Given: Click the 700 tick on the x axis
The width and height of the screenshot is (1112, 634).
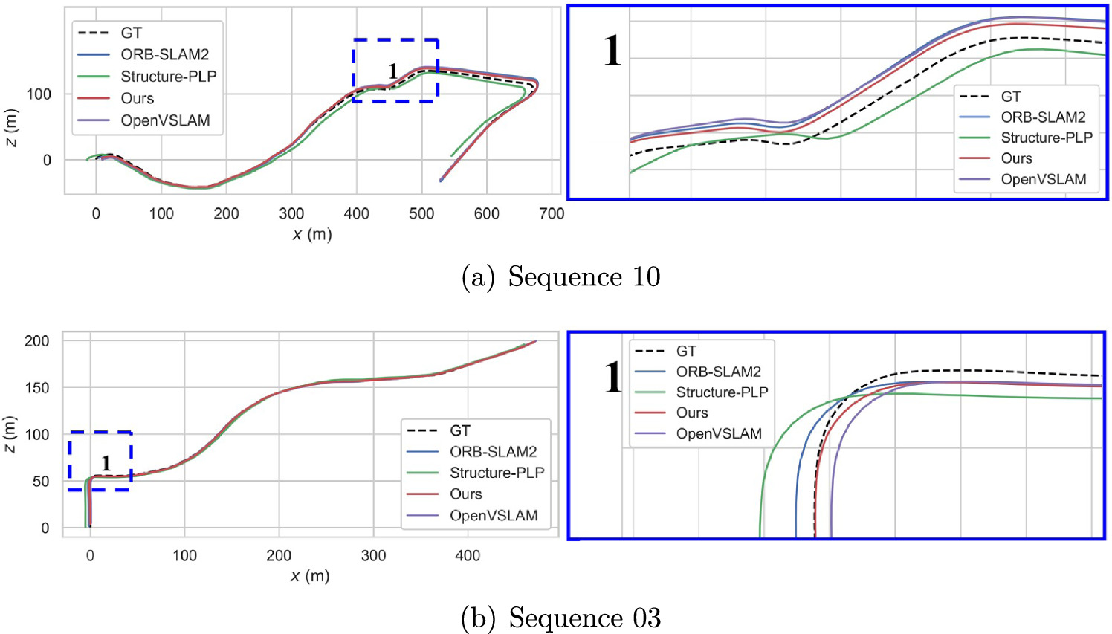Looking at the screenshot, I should [x=552, y=214].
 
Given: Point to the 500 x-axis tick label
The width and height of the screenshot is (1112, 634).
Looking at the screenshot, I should [x=421, y=214].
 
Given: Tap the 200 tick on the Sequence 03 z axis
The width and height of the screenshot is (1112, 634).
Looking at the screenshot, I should [x=36, y=341].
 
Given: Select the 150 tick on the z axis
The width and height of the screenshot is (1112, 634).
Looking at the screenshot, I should [x=36, y=388].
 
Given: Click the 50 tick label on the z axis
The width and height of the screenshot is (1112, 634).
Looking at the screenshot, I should [x=41, y=482].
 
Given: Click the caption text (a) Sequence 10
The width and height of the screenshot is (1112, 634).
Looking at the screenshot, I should [x=560, y=277].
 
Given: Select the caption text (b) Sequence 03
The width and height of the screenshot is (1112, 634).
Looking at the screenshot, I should [x=560, y=618].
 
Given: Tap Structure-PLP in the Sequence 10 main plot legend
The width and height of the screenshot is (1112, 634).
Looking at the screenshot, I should [x=169, y=77].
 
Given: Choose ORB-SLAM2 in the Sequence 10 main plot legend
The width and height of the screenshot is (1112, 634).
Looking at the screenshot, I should [x=165, y=55].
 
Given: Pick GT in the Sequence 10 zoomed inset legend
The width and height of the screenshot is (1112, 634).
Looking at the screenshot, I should [x=1011, y=97].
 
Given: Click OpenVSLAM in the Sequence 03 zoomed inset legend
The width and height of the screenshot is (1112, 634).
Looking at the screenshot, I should [x=719, y=433].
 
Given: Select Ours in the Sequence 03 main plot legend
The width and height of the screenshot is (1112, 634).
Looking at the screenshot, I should [x=465, y=494].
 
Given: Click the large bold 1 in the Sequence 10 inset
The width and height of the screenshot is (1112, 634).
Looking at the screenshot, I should [x=612, y=51].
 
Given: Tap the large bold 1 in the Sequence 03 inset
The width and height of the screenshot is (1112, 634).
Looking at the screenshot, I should [x=612, y=377].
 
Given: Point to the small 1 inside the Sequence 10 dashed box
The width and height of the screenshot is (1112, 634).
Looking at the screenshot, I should [x=393, y=71].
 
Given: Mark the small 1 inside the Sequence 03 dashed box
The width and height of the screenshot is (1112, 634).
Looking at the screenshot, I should [x=106, y=463].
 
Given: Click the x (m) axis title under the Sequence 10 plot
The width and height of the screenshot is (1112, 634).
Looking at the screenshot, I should [x=311, y=235].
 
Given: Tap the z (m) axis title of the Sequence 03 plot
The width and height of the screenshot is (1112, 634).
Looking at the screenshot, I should [x=10, y=435].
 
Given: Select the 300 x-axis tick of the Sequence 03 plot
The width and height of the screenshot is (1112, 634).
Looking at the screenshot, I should [x=373, y=556].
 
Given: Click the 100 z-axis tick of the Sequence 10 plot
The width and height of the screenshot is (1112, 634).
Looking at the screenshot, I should [x=39, y=94].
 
